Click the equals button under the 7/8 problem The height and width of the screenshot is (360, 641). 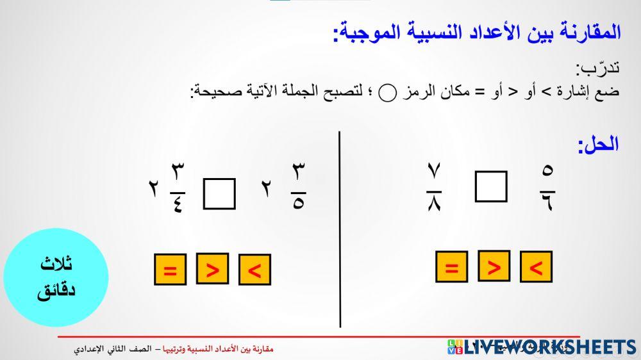[x=451, y=267]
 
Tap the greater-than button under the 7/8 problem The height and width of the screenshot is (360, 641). [x=494, y=266]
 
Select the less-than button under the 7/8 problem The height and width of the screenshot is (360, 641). [x=536, y=267]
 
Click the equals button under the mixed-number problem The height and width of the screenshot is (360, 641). [x=170, y=270]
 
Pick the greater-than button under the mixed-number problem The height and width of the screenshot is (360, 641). [x=212, y=269]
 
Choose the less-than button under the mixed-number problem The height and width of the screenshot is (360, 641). [x=254, y=270]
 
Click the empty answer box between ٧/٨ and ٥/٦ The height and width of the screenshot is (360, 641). [x=491, y=186]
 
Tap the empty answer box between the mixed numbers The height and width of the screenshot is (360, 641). [x=219, y=193]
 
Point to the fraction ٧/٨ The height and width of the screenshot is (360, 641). [x=434, y=187]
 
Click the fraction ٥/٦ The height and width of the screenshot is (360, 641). [x=547, y=187]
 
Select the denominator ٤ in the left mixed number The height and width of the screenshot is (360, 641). [x=178, y=206]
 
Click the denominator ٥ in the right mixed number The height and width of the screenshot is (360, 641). [x=298, y=206]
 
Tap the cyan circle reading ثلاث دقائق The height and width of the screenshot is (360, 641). [x=56, y=277]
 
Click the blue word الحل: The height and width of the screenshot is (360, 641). [x=598, y=144]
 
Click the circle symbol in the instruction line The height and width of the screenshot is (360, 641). [x=388, y=94]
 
